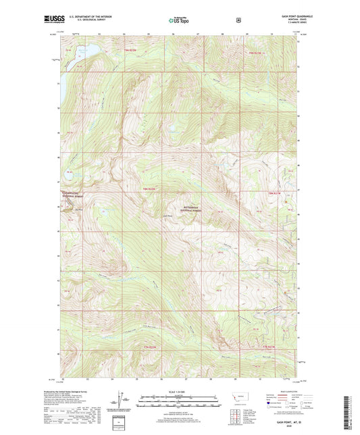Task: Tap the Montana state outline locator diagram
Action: pyautogui.click(x=253, y=399)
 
